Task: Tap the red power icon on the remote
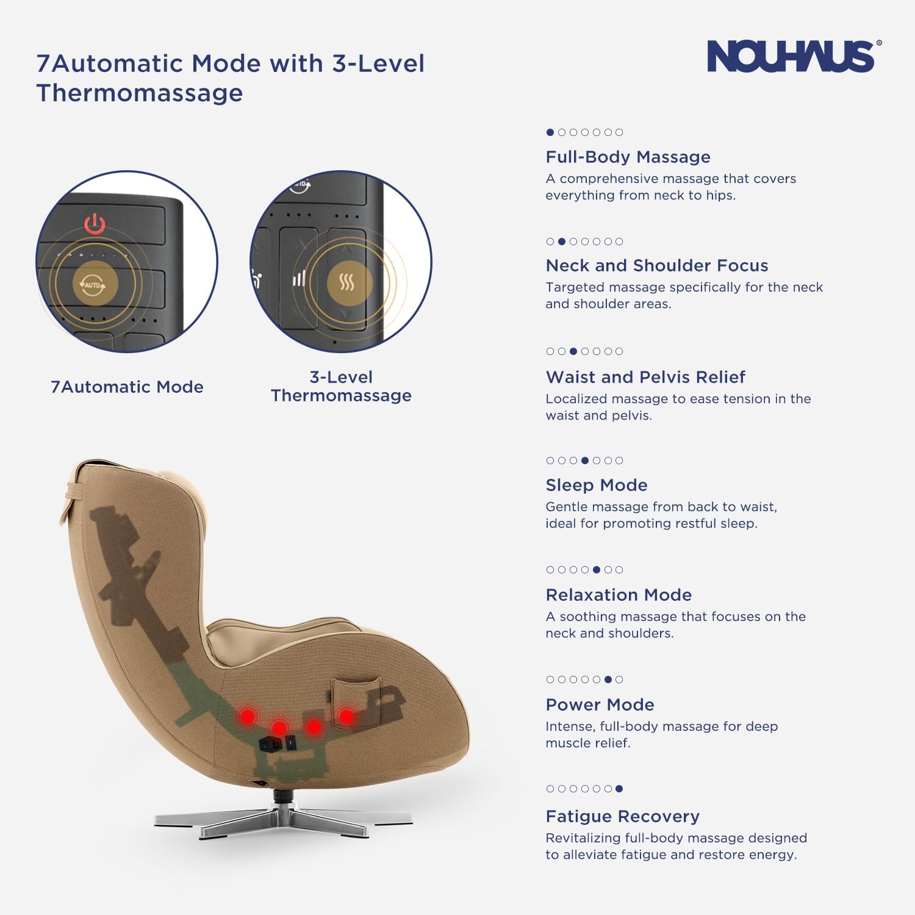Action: pos(95,224)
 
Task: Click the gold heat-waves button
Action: pos(346,282)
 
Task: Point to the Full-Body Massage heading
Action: pos(628,157)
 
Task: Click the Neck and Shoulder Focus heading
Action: pos(656,265)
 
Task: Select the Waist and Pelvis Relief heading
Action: pos(645,377)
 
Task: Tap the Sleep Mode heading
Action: pos(596,485)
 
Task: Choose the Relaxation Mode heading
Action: pos(619,595)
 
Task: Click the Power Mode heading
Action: pos(600,705)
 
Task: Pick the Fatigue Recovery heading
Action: pos(622,816)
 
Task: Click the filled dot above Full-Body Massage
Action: pos(550,132)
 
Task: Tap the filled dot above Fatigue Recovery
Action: pos(619,789)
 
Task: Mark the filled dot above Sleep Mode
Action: pos(585,461)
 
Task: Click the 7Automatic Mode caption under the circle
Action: pos(127,387)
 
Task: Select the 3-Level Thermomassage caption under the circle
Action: pos(341,386)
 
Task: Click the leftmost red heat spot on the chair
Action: pos(248,716)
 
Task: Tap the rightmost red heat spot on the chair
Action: pos(346,716)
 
